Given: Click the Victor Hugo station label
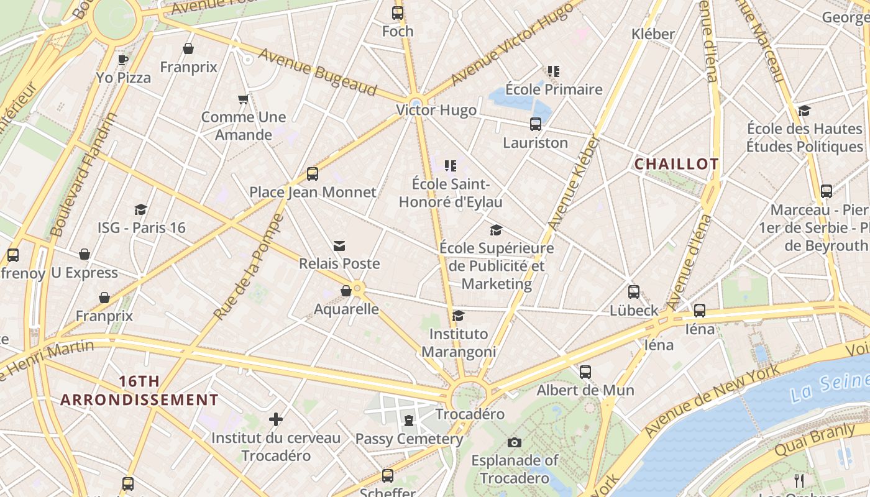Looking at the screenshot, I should [x=436, y=111].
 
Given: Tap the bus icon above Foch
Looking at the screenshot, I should [x=398, y=12].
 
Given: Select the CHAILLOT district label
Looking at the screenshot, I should [x=676, y=164].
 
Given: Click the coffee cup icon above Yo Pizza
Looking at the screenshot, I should [x=123, y=60].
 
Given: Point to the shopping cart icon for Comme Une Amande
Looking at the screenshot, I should [x=244, y=99].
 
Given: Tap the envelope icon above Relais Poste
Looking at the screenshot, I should [x=339, y=246].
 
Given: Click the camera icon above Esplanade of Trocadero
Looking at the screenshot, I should [x=515, y=442].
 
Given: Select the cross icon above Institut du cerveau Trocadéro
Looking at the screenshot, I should [x=276, y=420].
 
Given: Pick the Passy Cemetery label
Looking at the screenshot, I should [x=409, y=439].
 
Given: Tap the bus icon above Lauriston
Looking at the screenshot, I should [x=536, y=124].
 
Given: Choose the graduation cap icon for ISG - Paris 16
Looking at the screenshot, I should [x=141, y=209].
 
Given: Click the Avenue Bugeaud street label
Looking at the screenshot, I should [x=318, y=72].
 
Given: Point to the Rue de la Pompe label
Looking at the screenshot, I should [x=249, y=267].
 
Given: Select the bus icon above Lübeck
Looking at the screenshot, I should [x=634, y=291].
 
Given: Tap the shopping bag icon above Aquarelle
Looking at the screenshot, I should [x=346, y=291].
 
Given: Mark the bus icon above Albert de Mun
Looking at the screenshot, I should [x=585, y=372].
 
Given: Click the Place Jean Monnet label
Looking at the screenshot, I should [x=313, y=192].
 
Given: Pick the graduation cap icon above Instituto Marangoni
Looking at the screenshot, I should [x=459, y=316].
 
